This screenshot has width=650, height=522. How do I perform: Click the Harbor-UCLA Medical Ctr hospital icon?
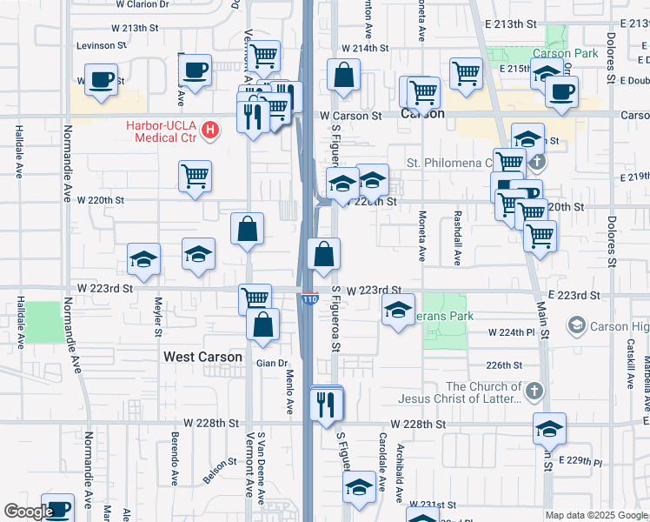click(209, 131)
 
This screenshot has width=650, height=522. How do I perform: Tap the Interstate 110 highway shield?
click(310, 299)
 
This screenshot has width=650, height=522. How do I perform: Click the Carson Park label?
click(572, 53)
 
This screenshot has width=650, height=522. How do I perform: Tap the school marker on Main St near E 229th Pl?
click(549, 429)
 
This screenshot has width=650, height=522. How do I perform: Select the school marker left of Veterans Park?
click(398, 311)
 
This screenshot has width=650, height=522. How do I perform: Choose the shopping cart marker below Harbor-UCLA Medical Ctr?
click(196, 176)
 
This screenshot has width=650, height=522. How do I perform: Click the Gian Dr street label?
click(271, 363)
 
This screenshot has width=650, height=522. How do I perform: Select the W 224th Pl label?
click(510, 332)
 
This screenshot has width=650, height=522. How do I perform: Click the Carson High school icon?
click(575, 326)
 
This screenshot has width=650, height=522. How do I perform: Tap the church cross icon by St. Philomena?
click(537, 161)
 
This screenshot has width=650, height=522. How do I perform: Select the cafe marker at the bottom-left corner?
click(57, 509)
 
